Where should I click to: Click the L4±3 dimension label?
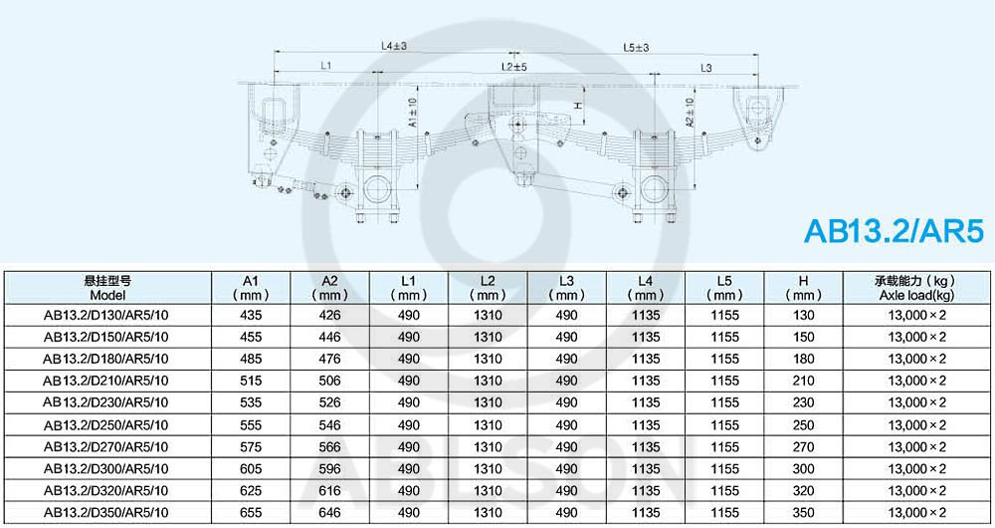tap(393, 46)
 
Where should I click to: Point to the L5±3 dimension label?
tap(636, 47)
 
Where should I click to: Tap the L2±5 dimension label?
tap(514, 66)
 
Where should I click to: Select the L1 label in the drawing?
tap(325, 65)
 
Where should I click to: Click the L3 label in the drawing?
tap(706, 68)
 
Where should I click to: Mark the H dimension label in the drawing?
tap(578, 105)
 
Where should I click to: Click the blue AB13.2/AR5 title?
tap(894, 231)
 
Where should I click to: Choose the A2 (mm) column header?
tap(330, 288)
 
